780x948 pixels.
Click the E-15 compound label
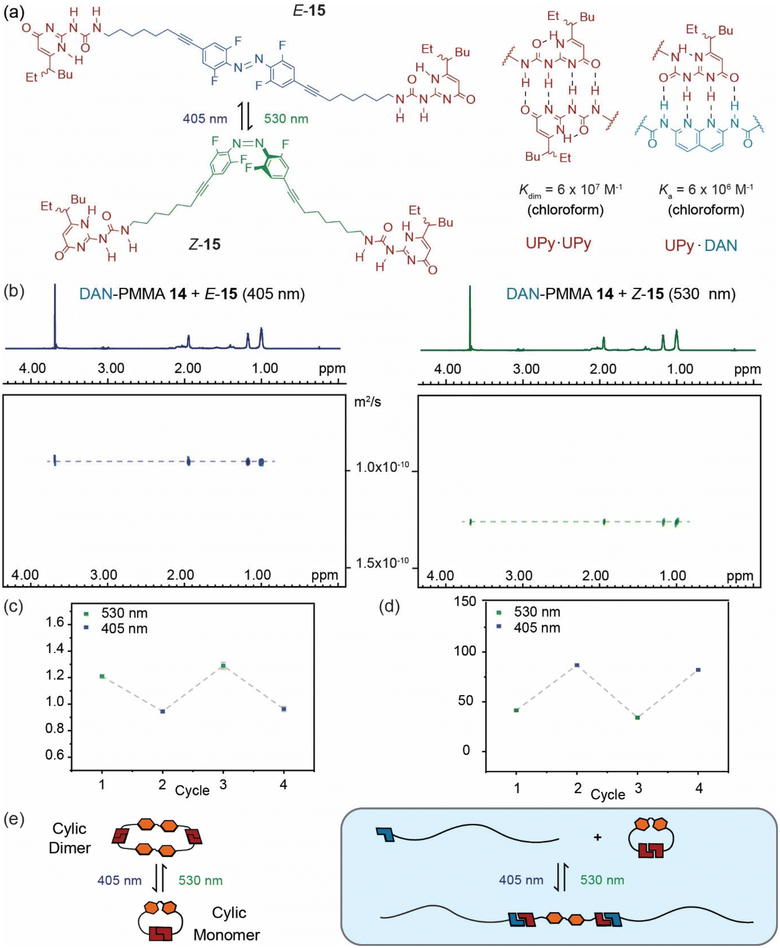click(x=309, y=10)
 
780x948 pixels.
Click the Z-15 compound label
click(x=205, y=244)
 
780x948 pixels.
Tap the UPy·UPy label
click(x=558, y=243)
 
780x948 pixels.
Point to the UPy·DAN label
click(x=701, y=245)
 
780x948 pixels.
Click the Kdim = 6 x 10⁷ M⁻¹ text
click(x=570, y=190)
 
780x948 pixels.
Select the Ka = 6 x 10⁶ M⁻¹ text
click(x=706, y=190)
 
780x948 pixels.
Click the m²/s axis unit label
click(x=367, y=401)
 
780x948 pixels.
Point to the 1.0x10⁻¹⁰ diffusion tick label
click(x=382, y=467)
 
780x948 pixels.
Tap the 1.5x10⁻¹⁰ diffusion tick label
click(x=382, y=563)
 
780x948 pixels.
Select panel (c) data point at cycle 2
click(x=162, y=711)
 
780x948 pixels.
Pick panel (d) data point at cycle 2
click(x=577, y=665)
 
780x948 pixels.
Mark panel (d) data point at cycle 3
click(x=637, y=717)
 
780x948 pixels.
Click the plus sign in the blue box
click(x=597, y=837)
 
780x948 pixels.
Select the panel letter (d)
click(x=389, y=606)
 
